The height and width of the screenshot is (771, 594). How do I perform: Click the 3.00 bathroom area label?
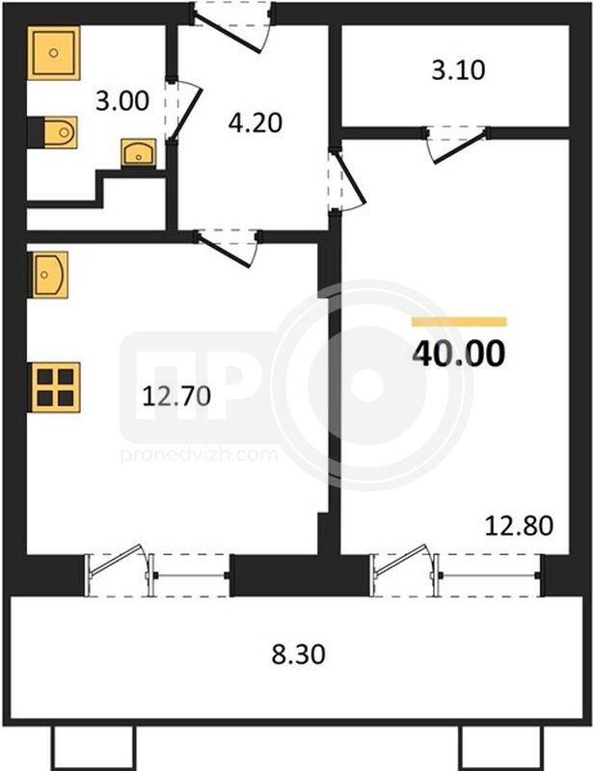(x=122, y=101)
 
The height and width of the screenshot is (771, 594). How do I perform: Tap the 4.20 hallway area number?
(x=256, y=123)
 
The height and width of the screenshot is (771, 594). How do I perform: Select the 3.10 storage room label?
(x=458, y=70)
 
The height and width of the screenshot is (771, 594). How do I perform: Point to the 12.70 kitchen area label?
(x=176, y=396)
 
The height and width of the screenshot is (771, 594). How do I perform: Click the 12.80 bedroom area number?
(x=519, y=525)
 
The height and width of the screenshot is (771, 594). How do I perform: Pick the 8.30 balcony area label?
(x=299, y=655)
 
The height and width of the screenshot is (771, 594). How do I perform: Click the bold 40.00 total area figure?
(x=459, y=354)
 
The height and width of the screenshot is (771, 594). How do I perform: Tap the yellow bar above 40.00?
(x=459, y=322)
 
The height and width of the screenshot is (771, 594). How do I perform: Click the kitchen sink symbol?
(x=48, y=275)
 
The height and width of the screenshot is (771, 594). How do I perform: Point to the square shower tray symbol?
(x=54, y=53)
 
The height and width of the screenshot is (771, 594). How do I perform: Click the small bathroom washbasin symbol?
(x=138, y=152)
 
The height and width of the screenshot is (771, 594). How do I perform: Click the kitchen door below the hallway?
(x=228, y=249)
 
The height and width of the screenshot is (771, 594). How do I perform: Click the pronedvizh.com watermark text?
(x=200, y=454)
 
